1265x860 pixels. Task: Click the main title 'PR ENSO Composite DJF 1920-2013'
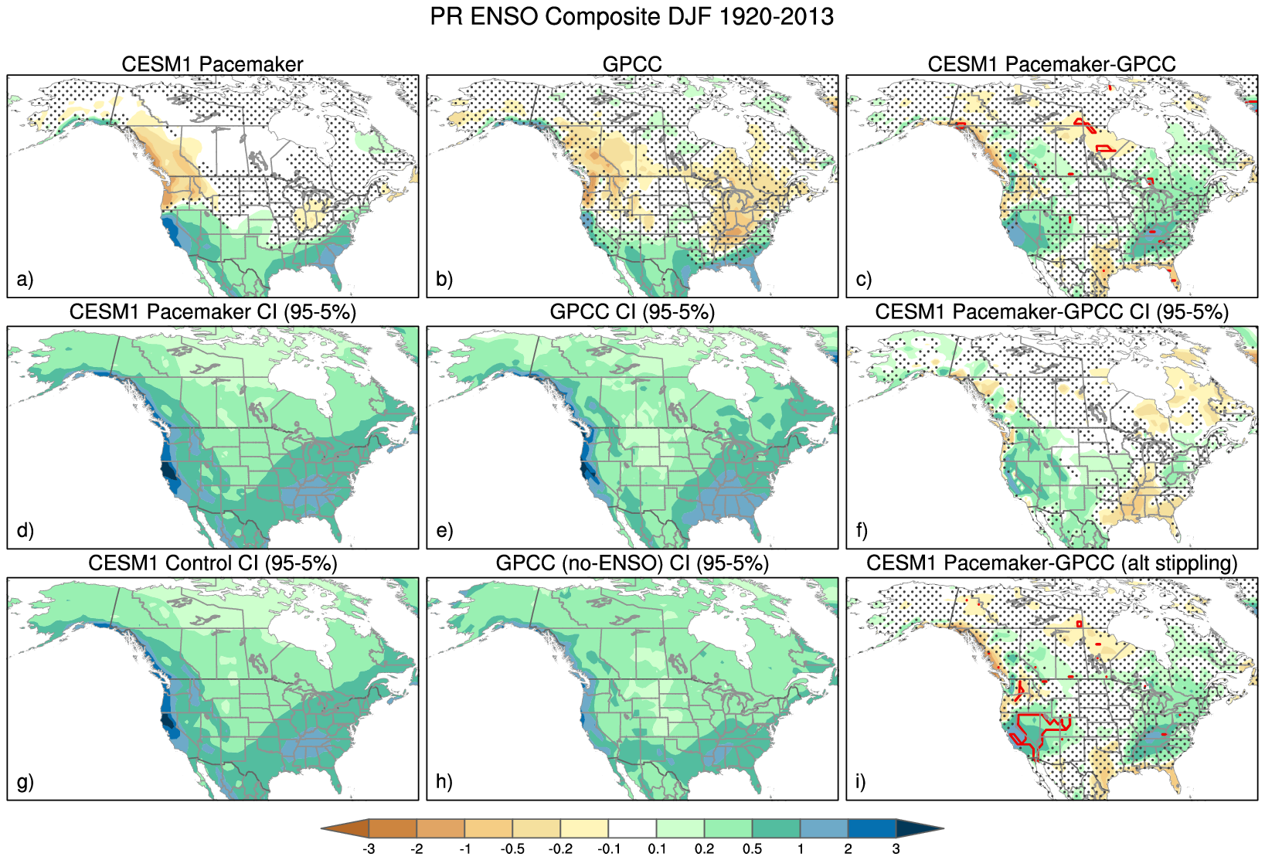coord(631,17)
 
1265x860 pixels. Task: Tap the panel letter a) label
coord(25,279)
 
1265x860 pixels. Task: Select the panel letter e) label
coord(444,530)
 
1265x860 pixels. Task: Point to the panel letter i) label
coord(861,781)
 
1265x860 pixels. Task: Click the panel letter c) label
coord(864,279)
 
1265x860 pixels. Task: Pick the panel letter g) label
coord(25,781)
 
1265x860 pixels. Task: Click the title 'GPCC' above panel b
coord(632,64)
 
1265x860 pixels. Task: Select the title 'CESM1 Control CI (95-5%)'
coord(213,563)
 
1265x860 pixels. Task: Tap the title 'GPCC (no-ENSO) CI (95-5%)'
coord(632,563)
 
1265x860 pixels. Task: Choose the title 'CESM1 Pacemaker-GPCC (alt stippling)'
coord(1052,563)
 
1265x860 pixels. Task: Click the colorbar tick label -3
coord(369,849)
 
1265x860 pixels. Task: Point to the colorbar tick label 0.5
coord(752,849)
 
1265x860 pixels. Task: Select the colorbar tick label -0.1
coord(609,849)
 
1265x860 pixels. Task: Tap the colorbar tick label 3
coord(896,849)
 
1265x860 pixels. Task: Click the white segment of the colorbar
coord(632,828)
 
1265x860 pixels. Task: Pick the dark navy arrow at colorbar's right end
coord(918,828)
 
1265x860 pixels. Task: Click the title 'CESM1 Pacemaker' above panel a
coord(213,64)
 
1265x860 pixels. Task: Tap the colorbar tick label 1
coord(800,849)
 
